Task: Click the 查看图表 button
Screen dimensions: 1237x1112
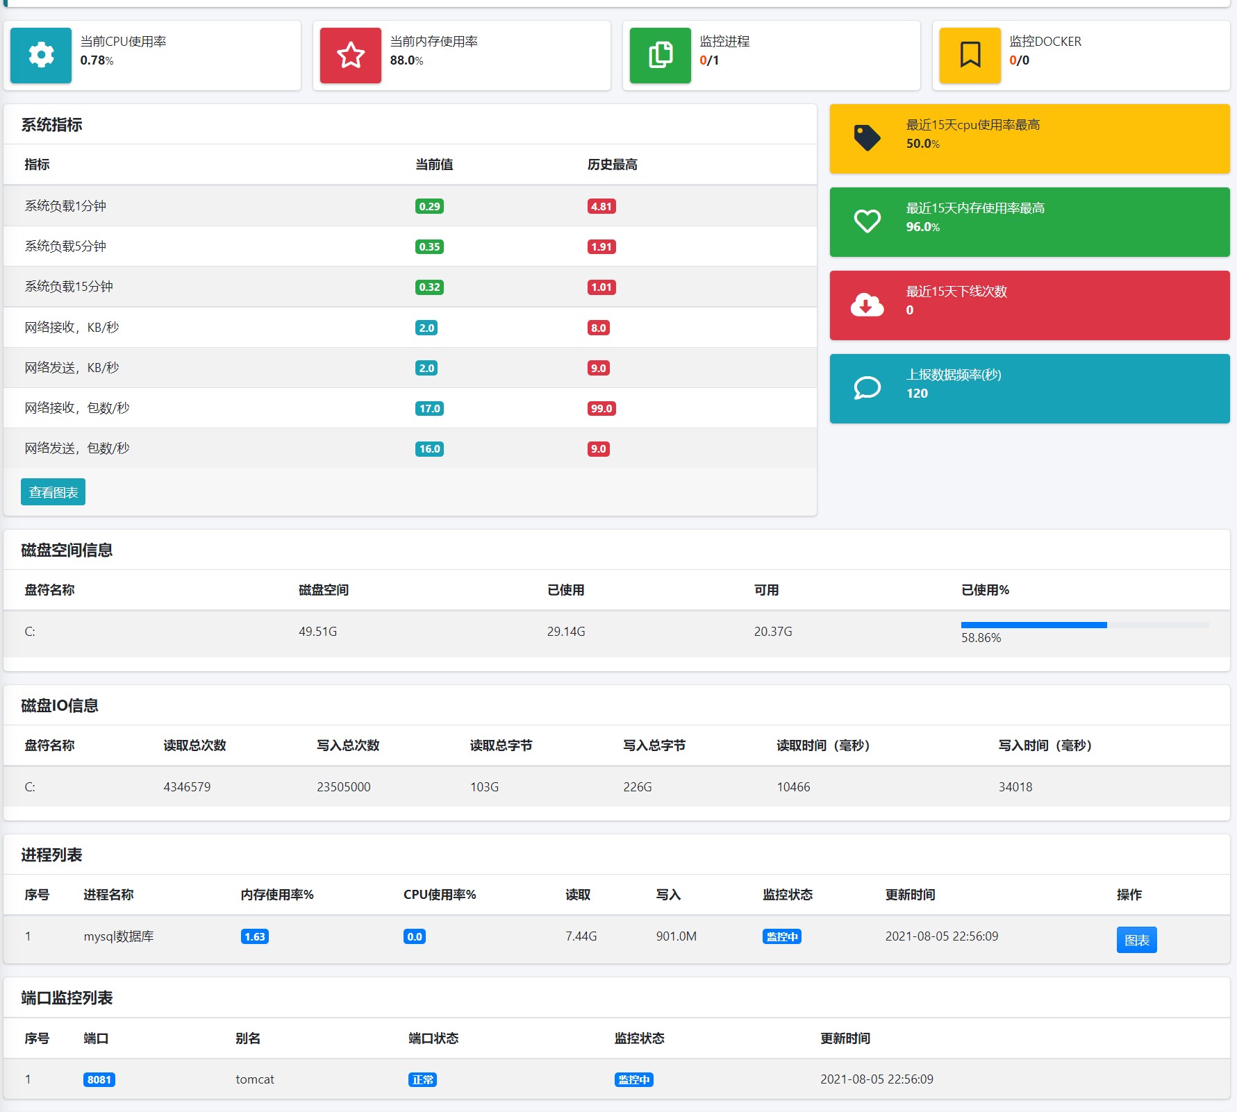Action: [53, 492]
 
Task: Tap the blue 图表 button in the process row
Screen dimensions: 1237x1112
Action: [1136, 940]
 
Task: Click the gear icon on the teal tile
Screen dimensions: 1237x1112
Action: [41, 55]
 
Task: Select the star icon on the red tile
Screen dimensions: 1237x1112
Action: [351, 55]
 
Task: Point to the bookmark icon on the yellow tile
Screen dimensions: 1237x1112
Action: [970, 55]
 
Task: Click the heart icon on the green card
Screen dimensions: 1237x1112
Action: [867, 221]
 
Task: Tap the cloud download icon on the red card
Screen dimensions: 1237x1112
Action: [867, 305]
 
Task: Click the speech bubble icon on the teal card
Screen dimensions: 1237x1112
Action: [867, 388]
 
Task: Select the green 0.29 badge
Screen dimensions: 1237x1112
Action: [429, 206]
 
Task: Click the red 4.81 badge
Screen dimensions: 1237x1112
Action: [601, 206]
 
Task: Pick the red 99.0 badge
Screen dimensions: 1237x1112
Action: [601, 408]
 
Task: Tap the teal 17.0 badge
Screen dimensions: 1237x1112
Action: [429, 408]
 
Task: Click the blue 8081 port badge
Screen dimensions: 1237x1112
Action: [99, 1079]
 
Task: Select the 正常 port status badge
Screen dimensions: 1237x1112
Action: [422, 1079]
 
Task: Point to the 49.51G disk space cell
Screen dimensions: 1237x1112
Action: [317, 631]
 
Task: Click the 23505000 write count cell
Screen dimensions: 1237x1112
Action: [344, 786]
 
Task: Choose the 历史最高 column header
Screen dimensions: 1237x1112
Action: [612, 165]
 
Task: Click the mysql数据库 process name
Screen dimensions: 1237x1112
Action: [119, 936]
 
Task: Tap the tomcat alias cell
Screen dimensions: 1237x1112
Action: [255, 1079]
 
